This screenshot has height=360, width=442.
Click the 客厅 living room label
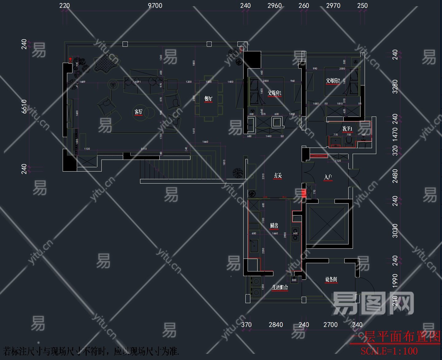[x=139, y=112]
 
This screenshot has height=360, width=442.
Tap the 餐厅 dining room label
[x=208, y=99]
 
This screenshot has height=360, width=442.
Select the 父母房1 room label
[x=274, y=93]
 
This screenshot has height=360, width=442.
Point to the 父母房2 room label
[x=333, y=81]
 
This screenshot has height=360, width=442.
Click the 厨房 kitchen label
[x=274, y=226]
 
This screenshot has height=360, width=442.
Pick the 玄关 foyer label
[x=278, y=176]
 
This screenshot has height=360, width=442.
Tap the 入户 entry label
[x=328, y=177]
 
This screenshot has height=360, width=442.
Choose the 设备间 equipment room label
[x=331, y=279]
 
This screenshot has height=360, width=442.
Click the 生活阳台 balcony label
[x=280, y=288]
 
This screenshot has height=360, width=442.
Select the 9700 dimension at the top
[x=155, y=6]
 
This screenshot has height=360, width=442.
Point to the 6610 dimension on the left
[x=24, y=106]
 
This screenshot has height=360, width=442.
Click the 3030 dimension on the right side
[x=395, y=231]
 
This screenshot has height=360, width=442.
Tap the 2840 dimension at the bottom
[x=276, y=325]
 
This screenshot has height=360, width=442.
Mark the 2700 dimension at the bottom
[x=331, y=325]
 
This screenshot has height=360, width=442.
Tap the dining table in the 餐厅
[x=209, y=98]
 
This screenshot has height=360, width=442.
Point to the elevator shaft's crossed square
[x=327, y=224]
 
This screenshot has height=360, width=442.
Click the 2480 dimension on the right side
[x=395, y=176]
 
